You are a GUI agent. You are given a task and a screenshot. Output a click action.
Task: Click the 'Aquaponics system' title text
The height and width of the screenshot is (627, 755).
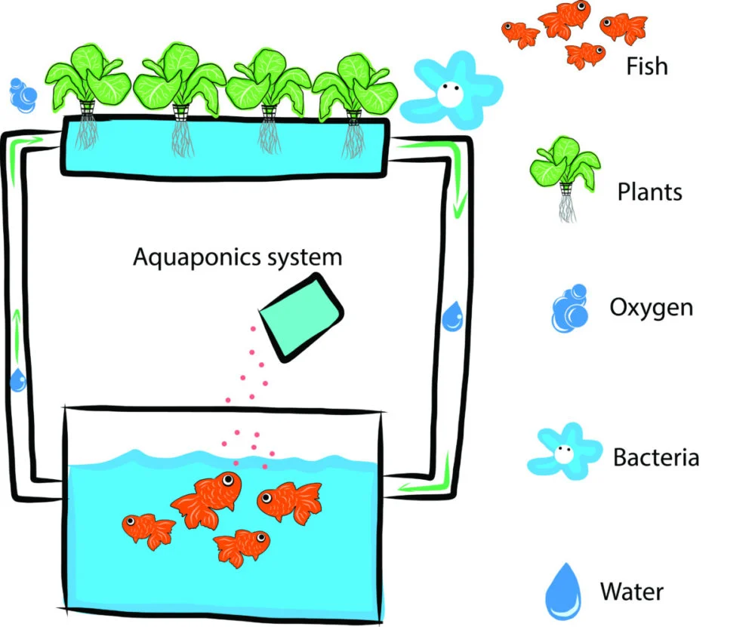point(237,257)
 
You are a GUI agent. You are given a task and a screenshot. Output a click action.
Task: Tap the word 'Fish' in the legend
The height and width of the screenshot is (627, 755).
point(647,66)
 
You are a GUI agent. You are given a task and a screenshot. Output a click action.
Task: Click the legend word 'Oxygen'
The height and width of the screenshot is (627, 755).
point(650,308)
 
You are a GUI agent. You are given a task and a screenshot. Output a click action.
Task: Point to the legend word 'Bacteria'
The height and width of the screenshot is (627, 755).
point(655,457)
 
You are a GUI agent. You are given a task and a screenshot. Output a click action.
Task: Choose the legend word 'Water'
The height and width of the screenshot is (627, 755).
point(632,590)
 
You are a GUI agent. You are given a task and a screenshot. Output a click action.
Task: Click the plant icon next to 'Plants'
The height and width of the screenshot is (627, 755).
point(565,171)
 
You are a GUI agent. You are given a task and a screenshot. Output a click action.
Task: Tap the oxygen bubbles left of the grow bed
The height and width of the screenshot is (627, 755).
point(22,94)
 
